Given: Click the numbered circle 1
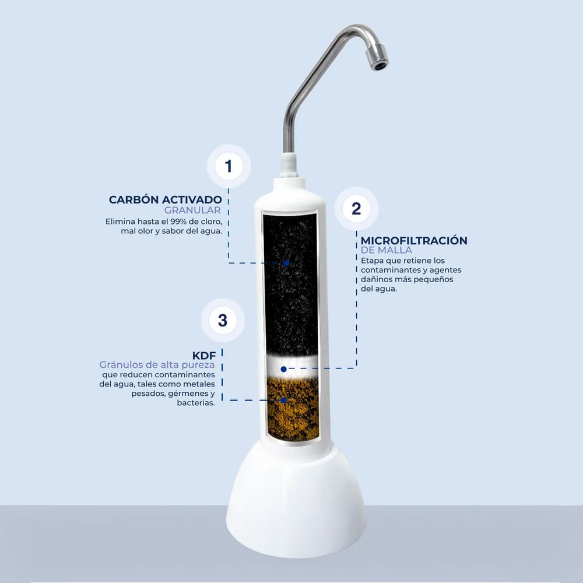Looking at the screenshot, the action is point(229,166).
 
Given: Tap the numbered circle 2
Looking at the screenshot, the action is point(356,209).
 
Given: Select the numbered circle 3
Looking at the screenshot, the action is point(222,320).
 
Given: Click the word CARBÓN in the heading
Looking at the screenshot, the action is point(134,199).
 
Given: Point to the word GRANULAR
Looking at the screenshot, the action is point(192,210).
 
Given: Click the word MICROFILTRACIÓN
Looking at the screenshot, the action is point(414,241).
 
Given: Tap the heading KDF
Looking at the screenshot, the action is point(203,356).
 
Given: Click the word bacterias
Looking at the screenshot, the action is point(196,403).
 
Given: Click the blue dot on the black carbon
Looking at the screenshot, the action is point(286,264).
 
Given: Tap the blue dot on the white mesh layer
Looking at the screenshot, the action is point(284,369).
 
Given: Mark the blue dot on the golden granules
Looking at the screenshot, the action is point(284,401).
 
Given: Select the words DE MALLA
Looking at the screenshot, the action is point(387,250).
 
